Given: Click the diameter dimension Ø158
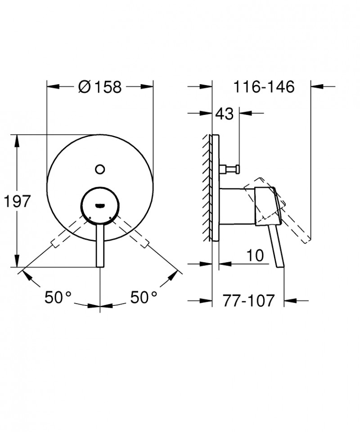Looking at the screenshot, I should (x=100, y=86).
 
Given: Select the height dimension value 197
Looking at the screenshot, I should (x=18, y=201).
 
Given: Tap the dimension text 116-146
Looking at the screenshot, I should (x=264, y=86).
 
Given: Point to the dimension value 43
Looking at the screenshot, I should (x=225, y=114).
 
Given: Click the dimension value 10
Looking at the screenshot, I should (x=254, y=255).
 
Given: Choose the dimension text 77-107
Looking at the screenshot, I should (x=248, y=300).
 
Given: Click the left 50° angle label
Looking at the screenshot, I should (x=58, y=297).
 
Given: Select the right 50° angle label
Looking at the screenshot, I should (x=144, y=297).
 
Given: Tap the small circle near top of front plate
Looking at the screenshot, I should (x=100, y=169).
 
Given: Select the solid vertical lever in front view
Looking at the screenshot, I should (x=100, y=246).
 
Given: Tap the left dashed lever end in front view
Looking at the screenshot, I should (x=56, y=243).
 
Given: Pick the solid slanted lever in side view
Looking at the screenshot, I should (x=276, y=246).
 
